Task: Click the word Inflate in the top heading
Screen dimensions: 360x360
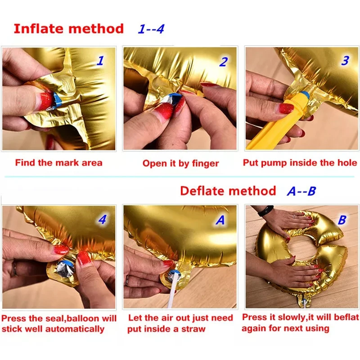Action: point(39,29)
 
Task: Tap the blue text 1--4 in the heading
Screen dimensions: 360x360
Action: point(151,29)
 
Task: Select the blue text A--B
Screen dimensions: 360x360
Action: point(301,191)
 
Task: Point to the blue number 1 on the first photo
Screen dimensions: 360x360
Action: point(100,61)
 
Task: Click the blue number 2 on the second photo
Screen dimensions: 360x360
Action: point(223,62)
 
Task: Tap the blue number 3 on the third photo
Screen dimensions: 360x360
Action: point(345,61)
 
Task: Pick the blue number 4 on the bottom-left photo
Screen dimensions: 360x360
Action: point(103,220)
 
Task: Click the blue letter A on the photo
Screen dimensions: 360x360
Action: point(220,220)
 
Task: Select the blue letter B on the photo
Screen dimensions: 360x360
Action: point(342,220)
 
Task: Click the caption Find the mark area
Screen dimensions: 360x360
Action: point(59,163)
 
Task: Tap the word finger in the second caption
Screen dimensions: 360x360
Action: point(205,164)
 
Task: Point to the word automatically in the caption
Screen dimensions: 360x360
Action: point(75,329)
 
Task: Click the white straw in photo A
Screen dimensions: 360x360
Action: point(172,290)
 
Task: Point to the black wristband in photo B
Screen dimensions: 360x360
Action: point(265,211)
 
